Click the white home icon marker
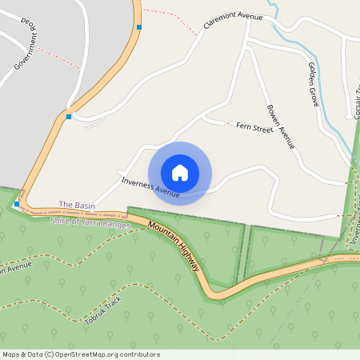pyautogui.click(x=180, y=173)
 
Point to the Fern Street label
pyautogui.click(x=254, y=128)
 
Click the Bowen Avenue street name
pyautogui.click(x=281, y=126)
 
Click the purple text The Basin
pyautogui.click(x=77, y=206)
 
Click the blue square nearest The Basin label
pyautogui.click(x=17, y=204)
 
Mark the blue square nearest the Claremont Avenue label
pyautogui.click(x=139, y=27)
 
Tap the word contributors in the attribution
pyautogui.click(x=139, y=354)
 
